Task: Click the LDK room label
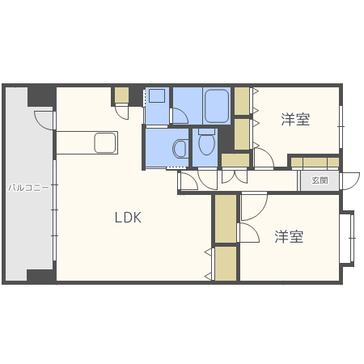(128, 217)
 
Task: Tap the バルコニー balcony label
(28, 187)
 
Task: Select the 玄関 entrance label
(320, 181)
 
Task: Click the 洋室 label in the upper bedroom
(295, 121)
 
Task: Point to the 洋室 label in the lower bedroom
(288, 237)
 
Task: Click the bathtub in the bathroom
(217, 105)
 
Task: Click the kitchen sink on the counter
(106, 143)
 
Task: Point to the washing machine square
(157, 96)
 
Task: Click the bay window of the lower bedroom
(348, 238)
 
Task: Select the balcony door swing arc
(44, 120)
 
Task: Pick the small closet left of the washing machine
(121, 95)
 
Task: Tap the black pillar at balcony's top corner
(40, 95)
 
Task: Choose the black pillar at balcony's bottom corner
(40, 275)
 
